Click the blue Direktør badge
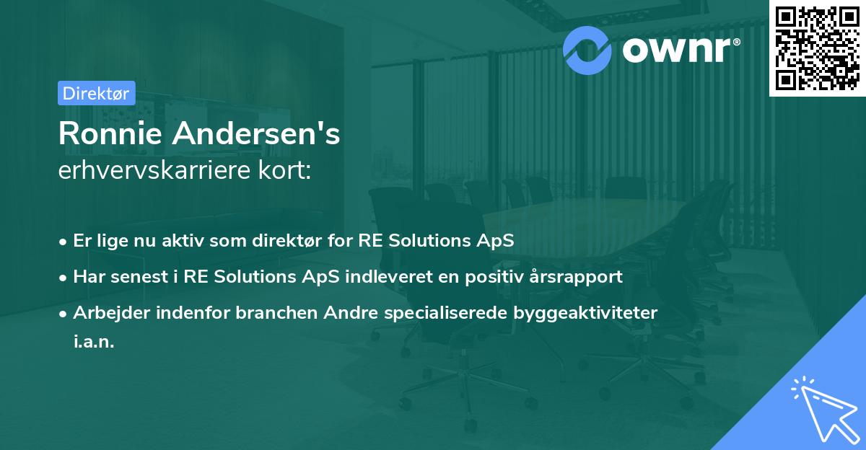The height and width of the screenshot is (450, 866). coord(97,93)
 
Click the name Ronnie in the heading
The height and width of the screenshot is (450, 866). coord(110,133)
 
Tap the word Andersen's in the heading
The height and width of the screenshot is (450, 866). coord(256,133)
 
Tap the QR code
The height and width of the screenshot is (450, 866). coord(817,48)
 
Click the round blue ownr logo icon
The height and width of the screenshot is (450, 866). coord(587,50)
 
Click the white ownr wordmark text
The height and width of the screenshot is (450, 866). coord(677,50)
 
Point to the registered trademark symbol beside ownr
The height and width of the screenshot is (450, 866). coord(737,42)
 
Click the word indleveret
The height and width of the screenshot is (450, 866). coord(389,276)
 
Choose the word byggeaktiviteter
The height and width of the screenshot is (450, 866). coord(585,313)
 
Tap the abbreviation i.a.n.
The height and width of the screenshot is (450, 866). coord(94,341)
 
